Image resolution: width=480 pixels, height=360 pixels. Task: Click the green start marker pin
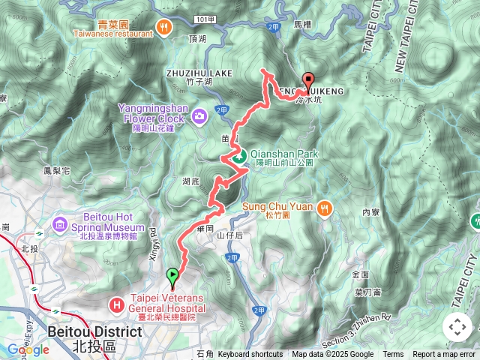point(173,277)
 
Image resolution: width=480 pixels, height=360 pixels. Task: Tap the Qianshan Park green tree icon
point(238,157)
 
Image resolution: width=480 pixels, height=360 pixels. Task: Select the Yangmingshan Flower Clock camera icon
point(199,115)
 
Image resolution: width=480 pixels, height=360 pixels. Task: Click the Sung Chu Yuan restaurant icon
point(324,206)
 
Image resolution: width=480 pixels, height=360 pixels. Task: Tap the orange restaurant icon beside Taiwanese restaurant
point(163,27)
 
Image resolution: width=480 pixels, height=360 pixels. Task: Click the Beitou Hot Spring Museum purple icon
point(61,224)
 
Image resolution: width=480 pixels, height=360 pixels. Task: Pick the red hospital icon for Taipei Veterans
point(117,305)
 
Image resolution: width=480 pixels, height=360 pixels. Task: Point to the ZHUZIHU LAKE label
point(199,73)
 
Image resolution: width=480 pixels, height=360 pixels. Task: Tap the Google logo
point(28,349)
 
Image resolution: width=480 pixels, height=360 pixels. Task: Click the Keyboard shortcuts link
point(251,355)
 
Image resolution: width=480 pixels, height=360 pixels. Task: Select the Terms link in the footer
point(393,355)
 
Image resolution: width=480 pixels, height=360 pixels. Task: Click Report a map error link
point(443,355)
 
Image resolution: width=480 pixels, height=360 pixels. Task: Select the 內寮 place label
point(370,212)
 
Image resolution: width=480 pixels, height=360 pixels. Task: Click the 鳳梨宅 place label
point(57,171)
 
